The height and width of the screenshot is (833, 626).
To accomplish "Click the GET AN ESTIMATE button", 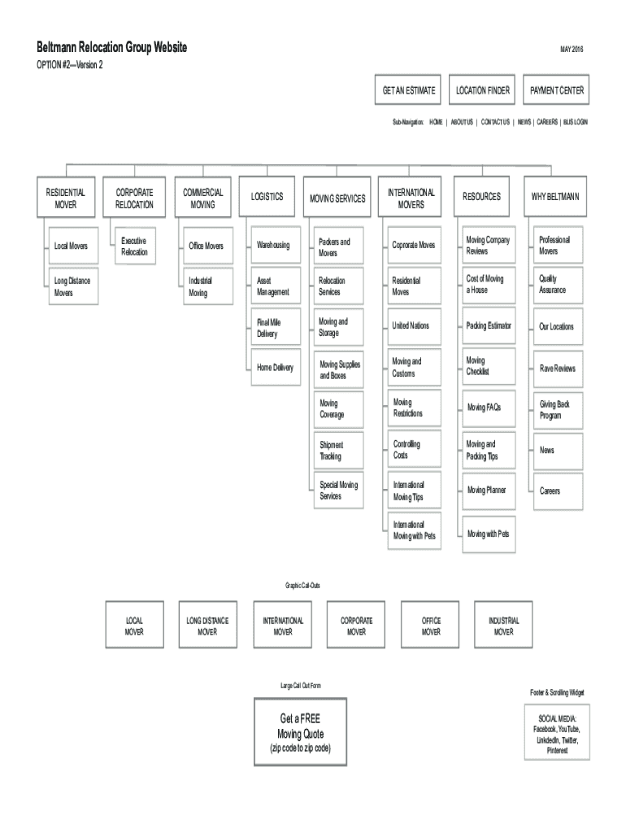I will pyautogui.click(x=409, y=91).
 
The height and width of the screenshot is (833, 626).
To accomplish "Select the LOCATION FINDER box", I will pyautogui.click(x=483, y=91).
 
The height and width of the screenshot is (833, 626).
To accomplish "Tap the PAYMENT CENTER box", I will pyautogui.click(x=557, y=91).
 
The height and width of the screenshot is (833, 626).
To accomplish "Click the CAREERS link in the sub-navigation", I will pyautogui.click(x=546, y=122).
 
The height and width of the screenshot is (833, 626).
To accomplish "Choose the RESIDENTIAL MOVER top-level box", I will pyautogui.click(x=66, y=198).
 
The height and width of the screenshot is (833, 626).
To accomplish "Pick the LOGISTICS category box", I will pyautogui.click(x=267, y=197).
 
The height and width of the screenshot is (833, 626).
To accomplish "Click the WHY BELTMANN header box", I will pyautogui.click(x=556, y=197).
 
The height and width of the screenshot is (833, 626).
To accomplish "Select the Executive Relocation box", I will pyautogui.click(x=134, y=246).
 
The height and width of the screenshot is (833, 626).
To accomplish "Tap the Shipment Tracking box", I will pyautogui.click(x=337, y=451).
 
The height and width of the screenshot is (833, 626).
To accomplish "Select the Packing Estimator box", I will pyautogui.click(x=489, y=326).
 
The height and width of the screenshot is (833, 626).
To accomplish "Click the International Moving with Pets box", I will pyautogui.click(x=415, y=530).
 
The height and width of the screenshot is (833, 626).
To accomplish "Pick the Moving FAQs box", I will pyautogui.click(x=489, y=408).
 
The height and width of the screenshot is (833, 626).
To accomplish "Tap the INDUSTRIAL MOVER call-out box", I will pyautogui.click(x=504, y=626).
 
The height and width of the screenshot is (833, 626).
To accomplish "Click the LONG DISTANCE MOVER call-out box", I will pyautogui.click(x=208, y=626).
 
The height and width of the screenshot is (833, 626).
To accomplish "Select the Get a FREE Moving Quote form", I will pyautogui.click(x=300, y=732).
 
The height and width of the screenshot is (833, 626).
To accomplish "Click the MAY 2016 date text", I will pyautogui.click(x=572, y=50).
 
